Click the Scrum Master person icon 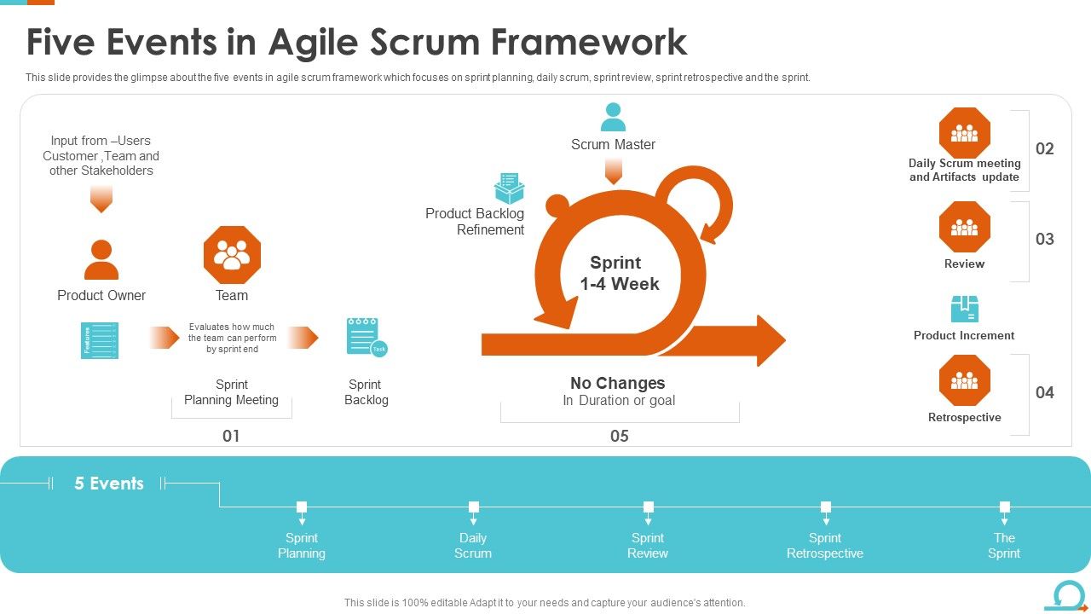click(x=613, y=117)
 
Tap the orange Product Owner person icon click(x=101, y=260)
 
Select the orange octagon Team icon click(x=232, y=255)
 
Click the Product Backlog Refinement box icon click(x=509, y=188)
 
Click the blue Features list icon click(x=100, y=340)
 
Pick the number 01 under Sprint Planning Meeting click(x=231, y=436)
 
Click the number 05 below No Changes click(x=620, y=436)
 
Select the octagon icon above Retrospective click(x=964, y=380)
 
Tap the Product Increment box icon click(x=964, y=310)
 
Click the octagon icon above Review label click(x=964, y=227)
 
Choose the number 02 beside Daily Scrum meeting click(x=1045, y=148)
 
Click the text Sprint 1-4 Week click(x=619, y=274)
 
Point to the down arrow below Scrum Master click(x=613, y=171)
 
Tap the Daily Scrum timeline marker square click(x=474, y=507)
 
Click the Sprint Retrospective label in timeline click(x=825, y=546)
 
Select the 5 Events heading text click(x=109, y=484)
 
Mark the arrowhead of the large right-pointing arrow click(x=770, y=341)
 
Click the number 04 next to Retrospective click(x=1045, y=392)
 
